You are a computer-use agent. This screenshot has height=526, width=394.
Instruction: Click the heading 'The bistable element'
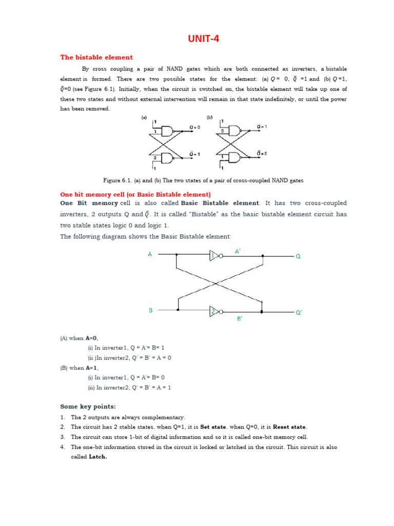pos(96,58)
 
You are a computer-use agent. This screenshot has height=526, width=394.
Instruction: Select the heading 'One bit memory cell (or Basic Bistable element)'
pos(135,195)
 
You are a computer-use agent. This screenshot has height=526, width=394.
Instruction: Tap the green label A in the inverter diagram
pos(150,254)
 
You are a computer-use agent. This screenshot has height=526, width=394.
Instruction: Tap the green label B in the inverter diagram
pos(151,310)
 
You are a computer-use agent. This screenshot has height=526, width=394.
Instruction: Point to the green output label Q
pos(298,256)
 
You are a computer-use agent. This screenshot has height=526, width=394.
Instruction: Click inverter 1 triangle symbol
pos(214,255)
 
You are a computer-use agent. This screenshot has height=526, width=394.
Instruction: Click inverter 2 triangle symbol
pos(214,311)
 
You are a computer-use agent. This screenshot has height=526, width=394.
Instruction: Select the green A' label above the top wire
pos(238,251)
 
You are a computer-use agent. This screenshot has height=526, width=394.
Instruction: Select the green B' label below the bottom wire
pos(240,318)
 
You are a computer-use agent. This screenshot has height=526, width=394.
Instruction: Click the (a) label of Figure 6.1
pos(144,118)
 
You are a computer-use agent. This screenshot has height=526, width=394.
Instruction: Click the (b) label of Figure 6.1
pos(209,118)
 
